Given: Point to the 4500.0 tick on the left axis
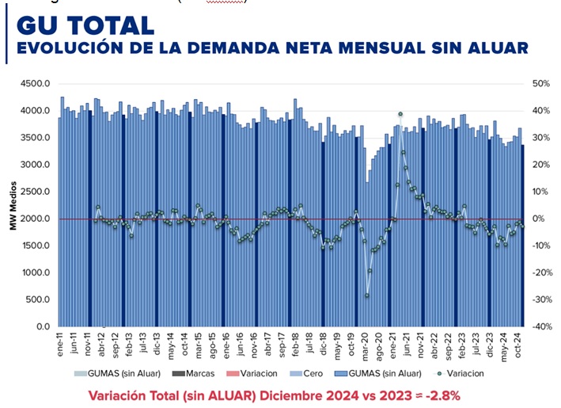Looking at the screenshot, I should [36, 84].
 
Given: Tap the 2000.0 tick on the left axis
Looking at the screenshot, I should [36, 219].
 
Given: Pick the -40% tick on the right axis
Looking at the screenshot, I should [542, 326].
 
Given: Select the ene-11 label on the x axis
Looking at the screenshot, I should [59, 345].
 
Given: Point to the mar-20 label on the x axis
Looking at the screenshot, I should [366, 346].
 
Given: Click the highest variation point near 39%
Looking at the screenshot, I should [400, 114].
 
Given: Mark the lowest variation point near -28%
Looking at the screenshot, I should [366, 296].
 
